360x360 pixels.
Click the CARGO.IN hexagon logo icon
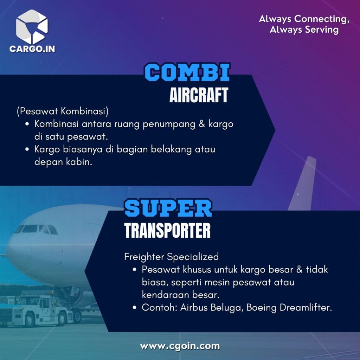pyautogui.click(x=32, y=27)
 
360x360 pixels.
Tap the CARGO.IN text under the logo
pyautogui.click(x=32, y=49)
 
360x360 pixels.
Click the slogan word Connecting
pyautogui.click(x=322, y=19)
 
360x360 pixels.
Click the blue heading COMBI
pyautogui.click(x=187, y=72)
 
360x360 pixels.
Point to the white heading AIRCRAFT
pyautogui.click(x=199, y=95)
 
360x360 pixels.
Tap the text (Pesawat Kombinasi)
pyautogui.click(x=63, y=111)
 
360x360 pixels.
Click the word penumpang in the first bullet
pyautogui.click(x=169, y=124)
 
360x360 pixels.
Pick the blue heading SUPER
pyautogui.click(x=168, y=208)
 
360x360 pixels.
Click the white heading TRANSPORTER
pyautogui.click(x=167, y=230)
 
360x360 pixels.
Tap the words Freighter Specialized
pyautogui.click(x=172, y=257)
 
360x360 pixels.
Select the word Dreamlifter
pyautogui.click(x=306, y=307)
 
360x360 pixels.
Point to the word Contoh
pyautogui.click(x=160, y=307)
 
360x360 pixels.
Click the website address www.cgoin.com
pyautogui.click(x=180, y=346)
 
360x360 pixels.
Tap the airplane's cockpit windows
pyautogui.click(x=36, y=229)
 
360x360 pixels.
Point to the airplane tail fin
pyautogui.click(x=303, y=183)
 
